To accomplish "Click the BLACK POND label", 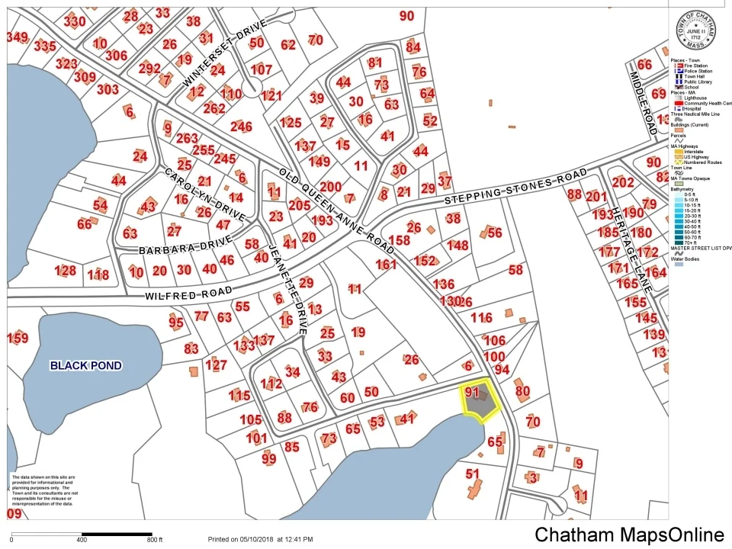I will (85, 365).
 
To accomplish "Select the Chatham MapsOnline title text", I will (629, 535).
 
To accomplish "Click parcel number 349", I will (17, 37).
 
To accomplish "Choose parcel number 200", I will (330, 186).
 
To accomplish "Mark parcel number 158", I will (399, 240).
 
